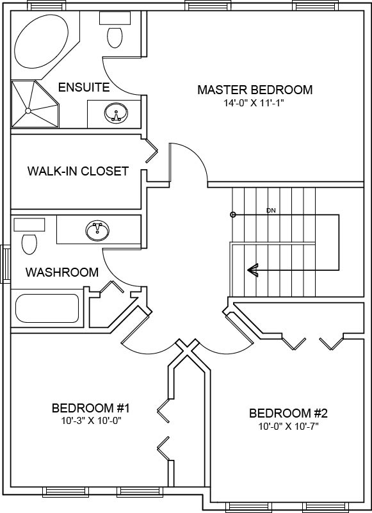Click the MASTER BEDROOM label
click(255, 90)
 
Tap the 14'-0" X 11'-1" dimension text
click(255, 102)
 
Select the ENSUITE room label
click(83, 87)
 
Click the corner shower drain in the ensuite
click(28, 110)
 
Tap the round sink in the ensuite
click(116, 115)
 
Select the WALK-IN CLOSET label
click(77, 172)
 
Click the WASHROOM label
click(61, 272)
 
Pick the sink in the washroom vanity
click(98, 229)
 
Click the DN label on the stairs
click(271, 210)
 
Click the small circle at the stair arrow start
click(233, 215)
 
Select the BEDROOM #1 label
click(91, 408)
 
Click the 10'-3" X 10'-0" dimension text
click(91, 421)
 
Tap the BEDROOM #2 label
click(288, 413)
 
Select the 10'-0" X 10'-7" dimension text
click(288, 426)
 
